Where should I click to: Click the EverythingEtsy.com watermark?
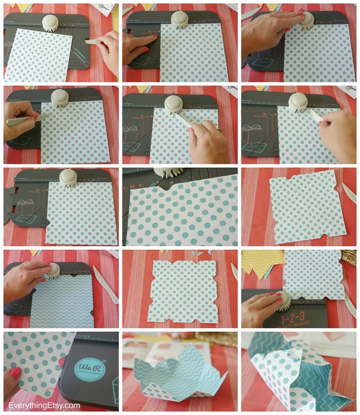pos(44,406)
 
